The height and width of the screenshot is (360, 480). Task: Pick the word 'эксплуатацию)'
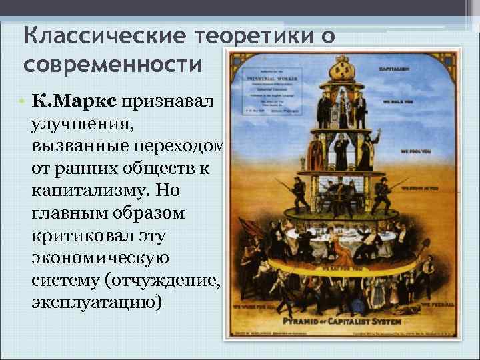tap(96, 303)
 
